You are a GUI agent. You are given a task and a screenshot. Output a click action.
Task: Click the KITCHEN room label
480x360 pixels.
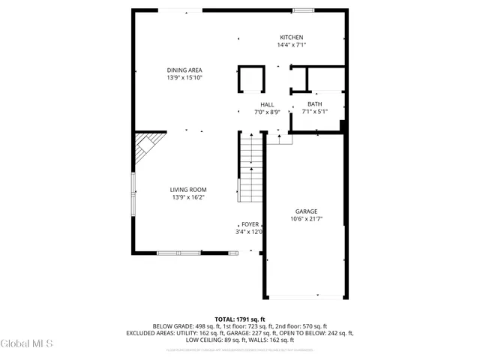pos(291,37)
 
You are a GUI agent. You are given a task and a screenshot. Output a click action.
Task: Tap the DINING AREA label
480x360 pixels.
pos(184,70)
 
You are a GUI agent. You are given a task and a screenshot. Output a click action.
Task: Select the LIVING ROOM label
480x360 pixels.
pos(188,190)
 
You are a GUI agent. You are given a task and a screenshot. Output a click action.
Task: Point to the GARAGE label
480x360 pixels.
pos(306,211)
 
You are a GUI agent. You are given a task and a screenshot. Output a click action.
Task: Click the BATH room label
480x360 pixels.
pos(315,104)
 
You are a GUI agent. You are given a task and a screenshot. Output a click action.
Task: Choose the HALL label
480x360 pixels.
pos(267,104)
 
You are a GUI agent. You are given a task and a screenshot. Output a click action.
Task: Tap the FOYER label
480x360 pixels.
pos(250,224)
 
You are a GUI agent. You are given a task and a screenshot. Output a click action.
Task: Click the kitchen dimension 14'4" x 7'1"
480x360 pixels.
pos(291,45)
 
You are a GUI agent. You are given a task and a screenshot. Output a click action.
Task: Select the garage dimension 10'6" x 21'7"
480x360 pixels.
pos(306,219)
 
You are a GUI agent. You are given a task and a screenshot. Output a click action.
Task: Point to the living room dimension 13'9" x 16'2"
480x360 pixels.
pos(188,197)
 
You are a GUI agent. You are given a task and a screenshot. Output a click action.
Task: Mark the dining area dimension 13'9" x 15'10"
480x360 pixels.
pos(184,77)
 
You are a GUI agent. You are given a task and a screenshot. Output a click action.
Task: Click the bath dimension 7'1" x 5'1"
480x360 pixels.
pos(315,112)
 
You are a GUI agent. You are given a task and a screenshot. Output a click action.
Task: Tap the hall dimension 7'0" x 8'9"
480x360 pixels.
pos(267,112)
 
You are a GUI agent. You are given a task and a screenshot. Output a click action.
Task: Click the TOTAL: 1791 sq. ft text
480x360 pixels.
pos(240,319)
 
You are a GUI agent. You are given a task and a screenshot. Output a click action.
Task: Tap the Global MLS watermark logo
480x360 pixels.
pos(27,344)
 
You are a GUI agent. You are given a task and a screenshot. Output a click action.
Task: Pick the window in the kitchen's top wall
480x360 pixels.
pos(304,10)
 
